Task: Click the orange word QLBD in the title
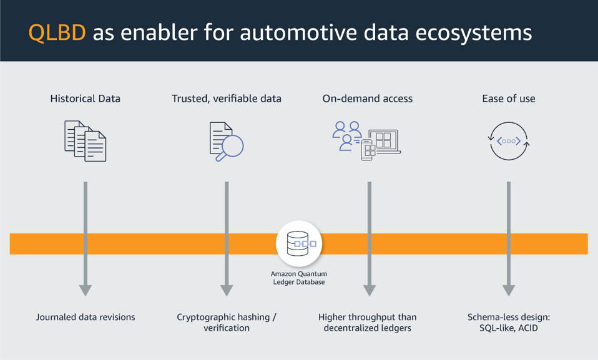(57, 32)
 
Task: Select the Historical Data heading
(86, 99)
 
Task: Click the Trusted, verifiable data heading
(227, 99)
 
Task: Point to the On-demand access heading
(367, 99)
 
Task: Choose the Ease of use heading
(508, 99)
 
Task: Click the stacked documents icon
(86, 141)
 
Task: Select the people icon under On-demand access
(347, 136)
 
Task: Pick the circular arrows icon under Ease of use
(509, 141)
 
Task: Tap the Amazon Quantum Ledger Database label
(299, 278)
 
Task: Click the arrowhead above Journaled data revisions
(86, 290)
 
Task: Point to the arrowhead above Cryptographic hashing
(227, 290)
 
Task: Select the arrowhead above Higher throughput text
(369, 290)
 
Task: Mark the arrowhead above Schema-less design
(509, 290)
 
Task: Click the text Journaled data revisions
(86, 317)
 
